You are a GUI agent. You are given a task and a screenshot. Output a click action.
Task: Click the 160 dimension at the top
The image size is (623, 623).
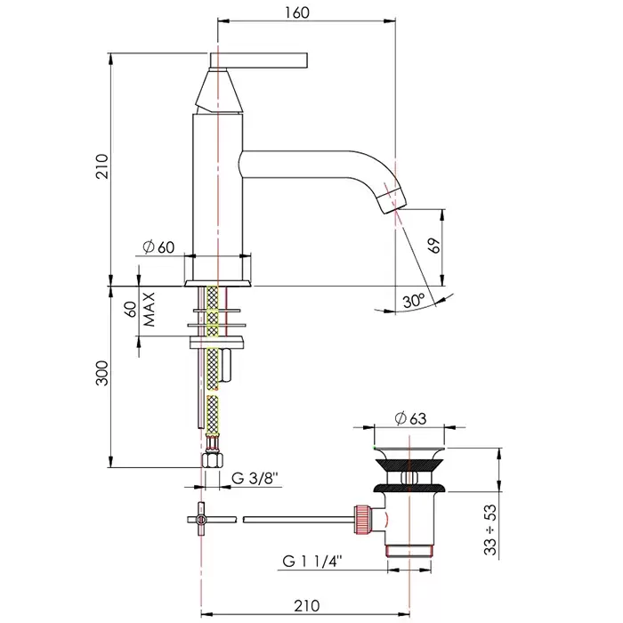click(298, 12)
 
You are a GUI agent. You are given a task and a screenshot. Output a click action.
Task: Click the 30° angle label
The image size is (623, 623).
click(413, 301)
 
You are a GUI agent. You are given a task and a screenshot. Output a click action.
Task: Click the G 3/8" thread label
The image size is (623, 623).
click(255, 480)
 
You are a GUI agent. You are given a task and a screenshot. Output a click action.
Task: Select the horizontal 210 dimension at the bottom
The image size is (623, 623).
click(305, 606)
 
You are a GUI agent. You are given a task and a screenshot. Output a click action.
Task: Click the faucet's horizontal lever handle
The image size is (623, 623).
click(258, 60)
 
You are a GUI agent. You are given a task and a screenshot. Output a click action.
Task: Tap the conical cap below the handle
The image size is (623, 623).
click(216, 90)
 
